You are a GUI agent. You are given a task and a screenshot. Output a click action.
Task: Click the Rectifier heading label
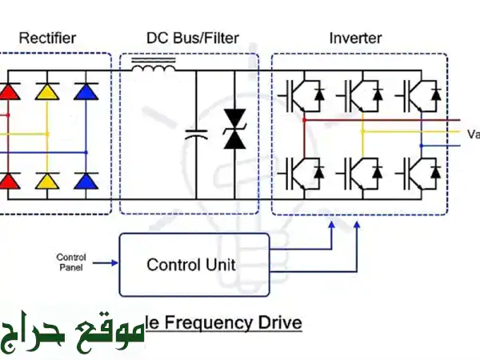[47, 38]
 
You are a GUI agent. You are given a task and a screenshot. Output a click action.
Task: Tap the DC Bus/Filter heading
[192, 38]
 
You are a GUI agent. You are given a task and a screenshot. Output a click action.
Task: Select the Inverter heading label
[355, 38]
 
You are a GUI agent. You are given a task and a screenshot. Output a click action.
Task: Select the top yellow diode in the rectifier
[48, 93]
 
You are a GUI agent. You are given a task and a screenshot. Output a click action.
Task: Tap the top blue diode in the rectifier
[86, 93]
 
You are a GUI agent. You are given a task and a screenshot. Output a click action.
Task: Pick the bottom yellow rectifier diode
[48, 180]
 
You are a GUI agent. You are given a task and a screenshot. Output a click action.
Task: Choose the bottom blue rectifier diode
[86, 180]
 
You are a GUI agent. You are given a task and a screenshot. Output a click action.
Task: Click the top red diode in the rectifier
[8, 93]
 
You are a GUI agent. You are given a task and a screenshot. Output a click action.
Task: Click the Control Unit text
[190, 264]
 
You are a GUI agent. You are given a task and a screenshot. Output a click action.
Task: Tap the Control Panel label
[71, 262]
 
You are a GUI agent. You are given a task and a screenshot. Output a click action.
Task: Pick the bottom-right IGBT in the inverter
[418, 170]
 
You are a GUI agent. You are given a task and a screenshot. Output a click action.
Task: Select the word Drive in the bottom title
[280, 323]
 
